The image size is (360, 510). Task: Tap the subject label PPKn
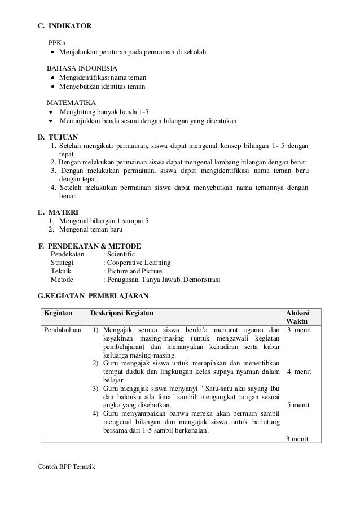tap(56, 42)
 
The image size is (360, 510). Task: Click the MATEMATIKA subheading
tap(71, 103)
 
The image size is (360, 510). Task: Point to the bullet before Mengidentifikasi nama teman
tap(53, 78)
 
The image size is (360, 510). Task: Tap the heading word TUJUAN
tap(63, 137)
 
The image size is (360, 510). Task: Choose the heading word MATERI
tap(64, 211)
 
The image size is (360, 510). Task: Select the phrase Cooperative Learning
tap(139, 263)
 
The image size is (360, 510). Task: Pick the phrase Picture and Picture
tap(132, 271)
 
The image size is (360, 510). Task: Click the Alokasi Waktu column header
tap(297, 317)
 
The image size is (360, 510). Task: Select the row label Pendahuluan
tap(62, 330)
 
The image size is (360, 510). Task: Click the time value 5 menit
tap(298, 405)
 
